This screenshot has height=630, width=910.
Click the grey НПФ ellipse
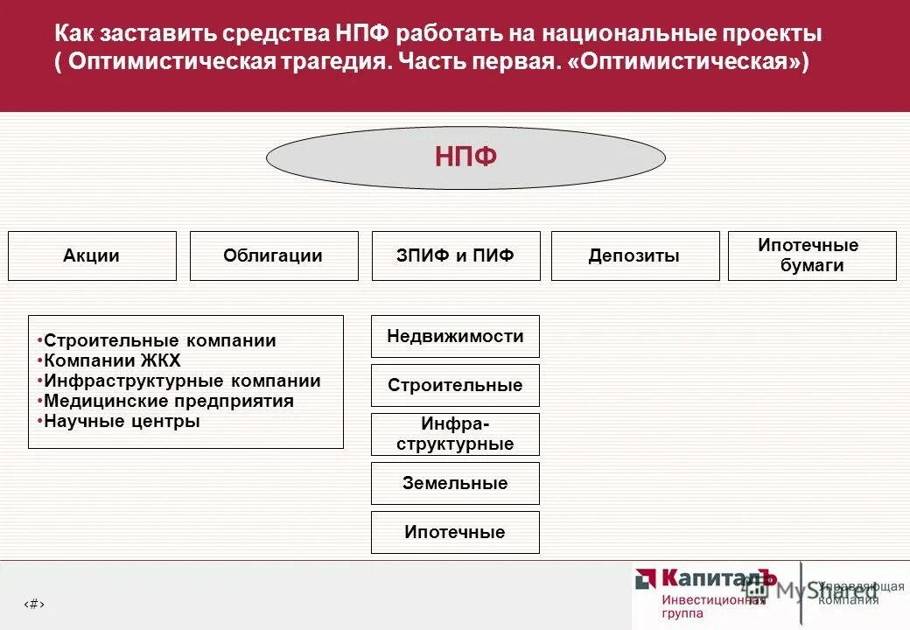(x=465, y=157)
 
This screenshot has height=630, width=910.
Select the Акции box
(x=92, y=255)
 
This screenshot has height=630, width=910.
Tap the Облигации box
(x=274, y=255)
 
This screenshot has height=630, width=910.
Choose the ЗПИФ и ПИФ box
(x=456, y=255)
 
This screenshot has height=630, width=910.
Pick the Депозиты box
(x=635, y=255)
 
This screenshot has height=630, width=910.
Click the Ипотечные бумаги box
(x=812, y=255)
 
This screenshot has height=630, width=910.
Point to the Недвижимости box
(x=455, y=336)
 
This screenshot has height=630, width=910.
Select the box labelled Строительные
(x=455, y=385)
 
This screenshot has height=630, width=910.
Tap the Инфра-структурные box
(x=455, y=434)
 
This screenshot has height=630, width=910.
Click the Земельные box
(x=455, y=483)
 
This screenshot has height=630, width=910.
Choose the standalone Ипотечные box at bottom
(x=455, y=532)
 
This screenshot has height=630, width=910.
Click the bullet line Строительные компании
(x=159, y=340)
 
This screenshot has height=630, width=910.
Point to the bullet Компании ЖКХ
(x=112, y=360)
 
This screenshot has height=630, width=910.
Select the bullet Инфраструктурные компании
(x=182, y=381)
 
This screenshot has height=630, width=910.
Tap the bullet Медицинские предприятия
(x=168, y=401)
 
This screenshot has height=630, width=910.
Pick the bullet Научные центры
(x=122, y=421)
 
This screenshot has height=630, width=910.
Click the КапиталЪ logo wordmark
(x=717, y=578)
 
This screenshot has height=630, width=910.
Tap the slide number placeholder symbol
(x=33, y=604)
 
